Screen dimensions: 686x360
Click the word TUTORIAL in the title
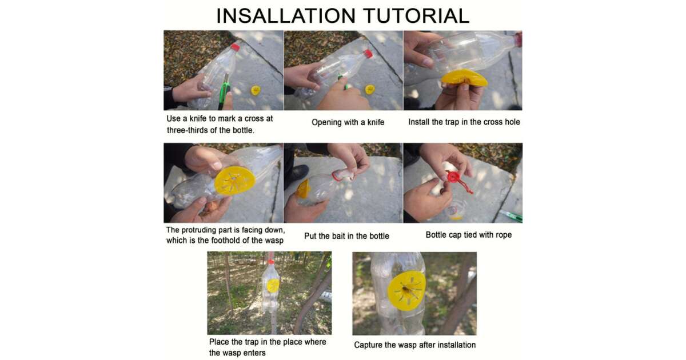[x=416, y=16]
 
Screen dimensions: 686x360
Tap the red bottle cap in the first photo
[x=235, y=47]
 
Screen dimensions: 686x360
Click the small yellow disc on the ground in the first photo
[x=256, y=90]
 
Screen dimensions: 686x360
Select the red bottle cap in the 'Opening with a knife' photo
[x=369, y=54]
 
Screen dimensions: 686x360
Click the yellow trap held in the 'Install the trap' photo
[x=464, y=78]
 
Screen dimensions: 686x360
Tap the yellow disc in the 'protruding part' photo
[x=234, y=181]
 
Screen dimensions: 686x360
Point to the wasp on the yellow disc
[x=406, y=290]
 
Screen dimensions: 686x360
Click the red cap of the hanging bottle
[x=271, y=262]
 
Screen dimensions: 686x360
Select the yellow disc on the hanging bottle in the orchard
[x=273, y=286]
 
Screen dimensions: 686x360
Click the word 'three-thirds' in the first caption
[x=192, y=130]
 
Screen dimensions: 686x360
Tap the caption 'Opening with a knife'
[x=348, y=122]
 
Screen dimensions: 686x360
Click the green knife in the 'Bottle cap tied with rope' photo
[x=510, y=215]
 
